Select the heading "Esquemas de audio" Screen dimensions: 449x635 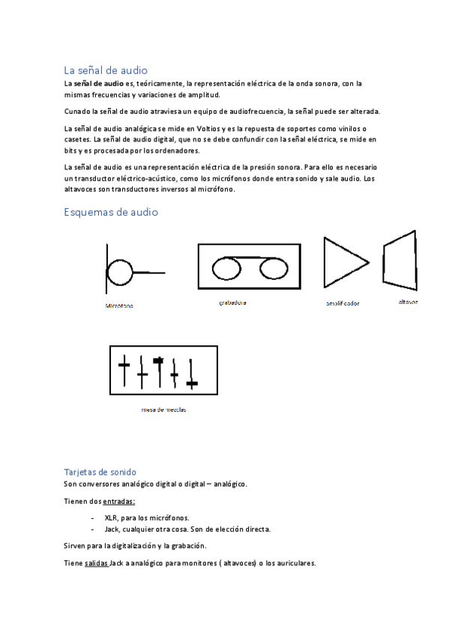(111, 212)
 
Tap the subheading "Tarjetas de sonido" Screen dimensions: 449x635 (100, 472)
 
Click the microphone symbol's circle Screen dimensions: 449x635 (120, 270)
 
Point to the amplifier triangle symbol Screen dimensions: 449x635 (343, 263)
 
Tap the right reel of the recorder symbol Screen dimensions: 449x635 (271, 267)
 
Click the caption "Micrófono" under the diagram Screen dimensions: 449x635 (120, 306)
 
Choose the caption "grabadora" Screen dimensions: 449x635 (232, 303)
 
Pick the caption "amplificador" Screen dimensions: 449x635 (343, 303)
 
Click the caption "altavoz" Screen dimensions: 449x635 (409, 302)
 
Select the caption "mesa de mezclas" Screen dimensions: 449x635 (163, 410)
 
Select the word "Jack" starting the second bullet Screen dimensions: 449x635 (112, 529)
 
